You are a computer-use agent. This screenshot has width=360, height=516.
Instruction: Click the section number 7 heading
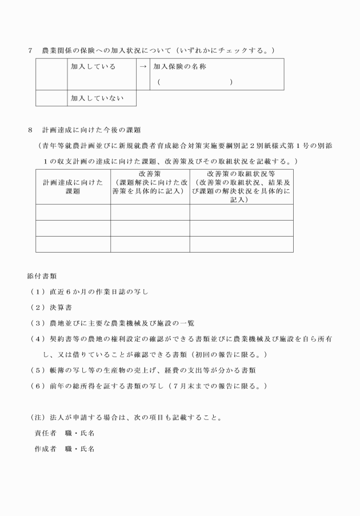pos(30,51)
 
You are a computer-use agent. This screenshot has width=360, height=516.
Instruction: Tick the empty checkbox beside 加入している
pos(51,74)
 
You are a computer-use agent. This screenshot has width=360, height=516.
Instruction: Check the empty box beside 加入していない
pos(51,98)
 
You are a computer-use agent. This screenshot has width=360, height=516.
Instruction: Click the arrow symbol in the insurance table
pos(143,67)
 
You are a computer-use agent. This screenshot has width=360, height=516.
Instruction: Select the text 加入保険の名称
pos(180,67)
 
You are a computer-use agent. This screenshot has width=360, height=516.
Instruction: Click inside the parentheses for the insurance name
pos(194,83)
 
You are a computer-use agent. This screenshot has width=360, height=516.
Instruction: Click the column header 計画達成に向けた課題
pos(73,187)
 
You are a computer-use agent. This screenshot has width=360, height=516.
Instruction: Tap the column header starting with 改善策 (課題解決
pos(150,182)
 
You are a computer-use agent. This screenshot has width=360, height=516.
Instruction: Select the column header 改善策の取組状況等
pos(241,173)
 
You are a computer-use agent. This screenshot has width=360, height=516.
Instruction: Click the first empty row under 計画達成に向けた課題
pos(73,213)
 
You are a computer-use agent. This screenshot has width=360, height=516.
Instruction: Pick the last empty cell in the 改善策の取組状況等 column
pos(241,245)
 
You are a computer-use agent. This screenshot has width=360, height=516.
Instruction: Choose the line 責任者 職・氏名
pos(65,433)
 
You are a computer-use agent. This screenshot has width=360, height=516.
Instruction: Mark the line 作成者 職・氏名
pos(65,449)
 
